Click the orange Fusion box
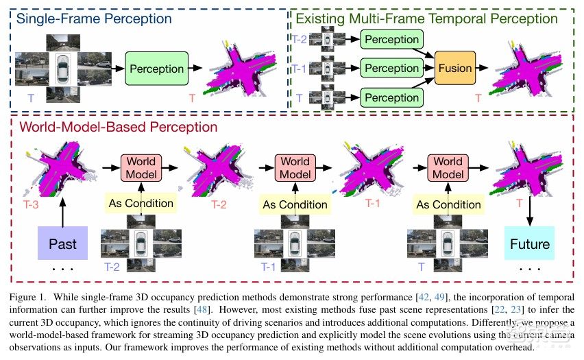pos(454,68)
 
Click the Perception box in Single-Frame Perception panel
pos(156,69)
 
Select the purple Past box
pos(62,243)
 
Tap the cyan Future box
pos(529,243)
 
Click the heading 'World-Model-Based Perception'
pos(119,127)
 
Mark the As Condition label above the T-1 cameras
pos(294,204)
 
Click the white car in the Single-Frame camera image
pos(64,69)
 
